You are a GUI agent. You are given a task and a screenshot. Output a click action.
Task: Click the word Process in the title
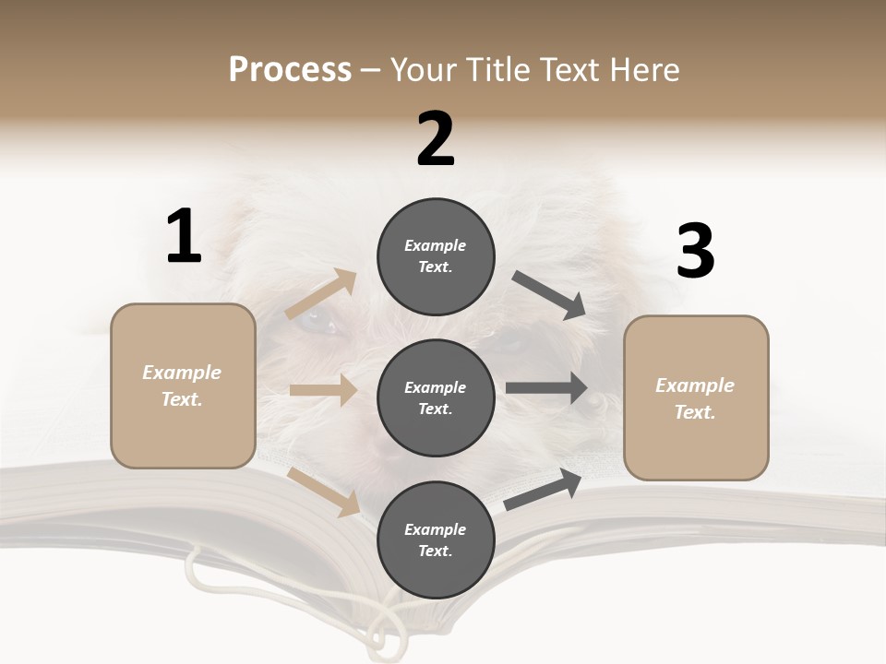pos(290,70)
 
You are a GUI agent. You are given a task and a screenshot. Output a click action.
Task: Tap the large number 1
pos(184,237)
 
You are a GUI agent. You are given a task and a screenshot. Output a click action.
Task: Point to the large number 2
pos(436,139)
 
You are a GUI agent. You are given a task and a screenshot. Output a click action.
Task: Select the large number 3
pos(695,252)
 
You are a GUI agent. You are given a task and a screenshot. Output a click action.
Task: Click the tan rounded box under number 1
pos(183,385)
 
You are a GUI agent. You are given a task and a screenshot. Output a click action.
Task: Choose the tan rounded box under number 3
pos(696,398)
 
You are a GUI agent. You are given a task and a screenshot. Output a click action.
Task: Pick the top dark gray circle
pos(436,256)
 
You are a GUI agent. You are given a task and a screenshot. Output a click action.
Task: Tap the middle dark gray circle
pos(436,397)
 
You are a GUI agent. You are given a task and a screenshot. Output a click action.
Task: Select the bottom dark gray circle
pos(436,539)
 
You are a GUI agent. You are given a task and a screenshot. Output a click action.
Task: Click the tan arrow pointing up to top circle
pos(321,294)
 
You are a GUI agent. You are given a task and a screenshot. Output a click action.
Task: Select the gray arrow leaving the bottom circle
pos(543,489)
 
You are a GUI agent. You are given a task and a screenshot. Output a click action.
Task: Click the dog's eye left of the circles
pos(318,323)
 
